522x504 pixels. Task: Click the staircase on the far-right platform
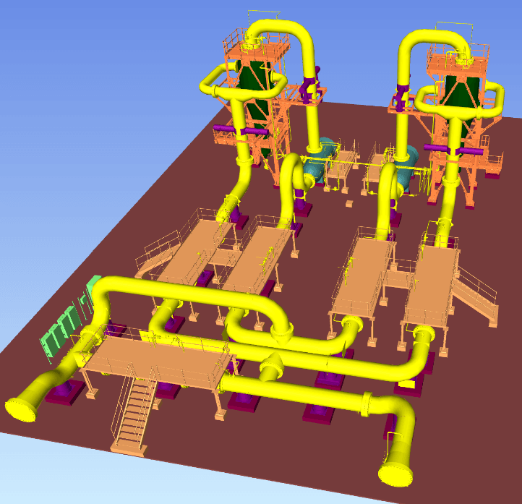pyautogui.click(x=476, y=296)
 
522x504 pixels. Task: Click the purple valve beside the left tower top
pyautogui.click(x=310, y=87)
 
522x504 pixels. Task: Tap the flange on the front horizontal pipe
pyautogui.click(x=369, y=403)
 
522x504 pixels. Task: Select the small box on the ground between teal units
pyautogui.click(x=349, y=203)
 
